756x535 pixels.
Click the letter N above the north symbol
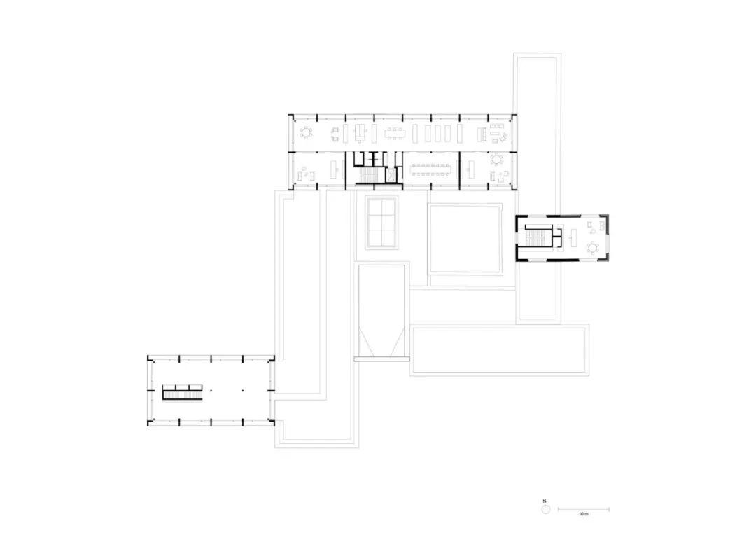(x=545, y=501)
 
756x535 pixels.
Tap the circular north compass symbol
(x=545, y=510)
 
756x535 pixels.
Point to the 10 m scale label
(x=583, y=515)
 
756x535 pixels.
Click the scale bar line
(x=583, y=510)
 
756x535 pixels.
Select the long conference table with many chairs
(x=430, y=169)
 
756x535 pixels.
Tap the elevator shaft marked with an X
(x=391, y=175)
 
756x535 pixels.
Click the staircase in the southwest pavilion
(x=183, y=392)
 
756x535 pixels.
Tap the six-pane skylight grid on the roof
(x=381, y=221)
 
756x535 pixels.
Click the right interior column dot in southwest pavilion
(x=243, y=390)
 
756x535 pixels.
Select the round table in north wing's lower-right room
(x=498, y=159)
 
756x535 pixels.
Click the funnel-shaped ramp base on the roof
(x=381, y=343)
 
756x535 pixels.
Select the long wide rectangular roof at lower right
(x=498, y=349)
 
